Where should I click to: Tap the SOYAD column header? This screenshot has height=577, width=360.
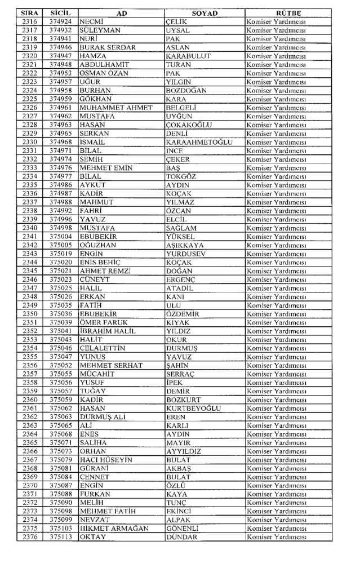pos(205,13)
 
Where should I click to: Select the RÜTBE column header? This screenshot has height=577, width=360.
pos(288,13)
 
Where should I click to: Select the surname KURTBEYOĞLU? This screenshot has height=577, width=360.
pos(193,408)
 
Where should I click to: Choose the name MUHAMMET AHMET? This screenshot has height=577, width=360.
pos(116,108)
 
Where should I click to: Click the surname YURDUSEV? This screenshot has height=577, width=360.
pos(186,254)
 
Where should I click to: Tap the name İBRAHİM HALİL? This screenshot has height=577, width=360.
pos(108,331)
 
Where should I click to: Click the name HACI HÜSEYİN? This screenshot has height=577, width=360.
pos(106,460)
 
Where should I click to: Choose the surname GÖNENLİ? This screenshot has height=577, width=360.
pos(183,529)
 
